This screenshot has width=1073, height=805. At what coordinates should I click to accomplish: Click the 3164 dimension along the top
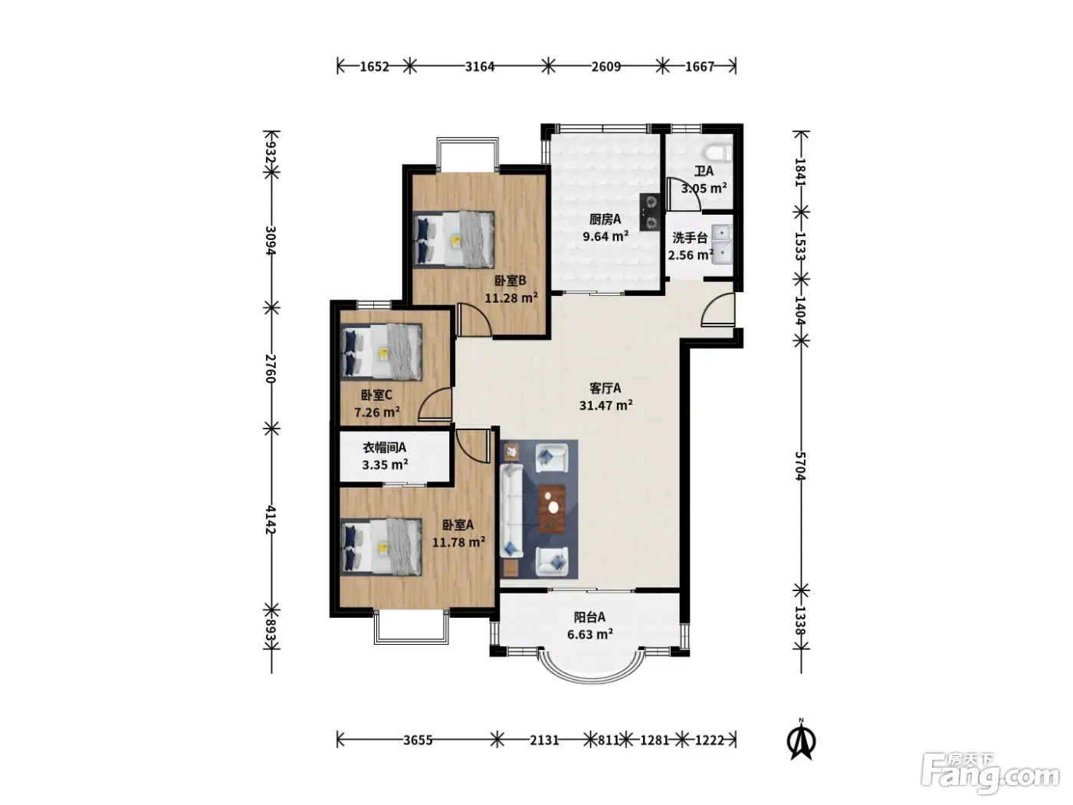coord(479,67)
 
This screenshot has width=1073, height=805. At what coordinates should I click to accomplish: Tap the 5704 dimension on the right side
coord(799,466)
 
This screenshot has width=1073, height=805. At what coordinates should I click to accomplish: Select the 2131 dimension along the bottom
coord(544,740)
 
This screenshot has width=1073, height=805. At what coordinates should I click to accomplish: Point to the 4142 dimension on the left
coord(271,520)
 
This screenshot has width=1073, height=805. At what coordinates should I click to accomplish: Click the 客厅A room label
coord(605,388)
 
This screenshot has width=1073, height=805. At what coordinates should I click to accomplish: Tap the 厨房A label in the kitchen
coord(605,219)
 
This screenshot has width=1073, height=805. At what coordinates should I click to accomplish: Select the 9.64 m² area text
coord(605,236)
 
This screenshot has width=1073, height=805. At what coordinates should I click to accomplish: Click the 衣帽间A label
coord(384,447)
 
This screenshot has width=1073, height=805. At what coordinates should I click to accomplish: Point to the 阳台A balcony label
coord(589,617)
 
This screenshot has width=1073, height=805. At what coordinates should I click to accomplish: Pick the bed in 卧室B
coord(454,239)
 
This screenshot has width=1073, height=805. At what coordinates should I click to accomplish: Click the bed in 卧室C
coord(381,351)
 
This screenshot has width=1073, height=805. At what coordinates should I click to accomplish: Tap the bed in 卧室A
coord(381,547)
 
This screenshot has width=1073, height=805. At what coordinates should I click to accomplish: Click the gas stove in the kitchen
coord(651,212)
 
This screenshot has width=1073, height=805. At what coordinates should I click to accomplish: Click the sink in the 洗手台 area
coord(722,245)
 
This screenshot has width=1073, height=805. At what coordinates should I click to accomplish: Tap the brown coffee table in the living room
coord(553,509)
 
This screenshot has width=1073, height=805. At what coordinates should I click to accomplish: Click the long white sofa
coord(511,511)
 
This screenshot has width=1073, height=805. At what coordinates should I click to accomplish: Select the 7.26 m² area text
coord(377,412)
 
